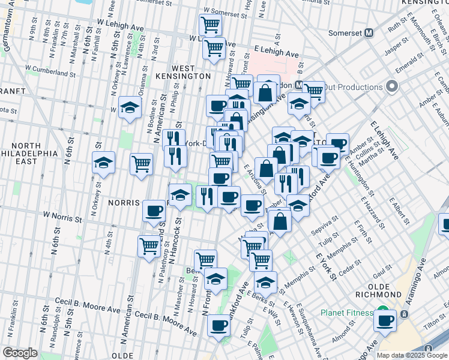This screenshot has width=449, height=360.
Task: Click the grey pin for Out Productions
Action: [392, 87]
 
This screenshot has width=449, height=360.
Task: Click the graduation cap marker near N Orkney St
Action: [103, 163]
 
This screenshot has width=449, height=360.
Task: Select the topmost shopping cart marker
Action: [210, 25]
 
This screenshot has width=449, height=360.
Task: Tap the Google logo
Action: [20, 353]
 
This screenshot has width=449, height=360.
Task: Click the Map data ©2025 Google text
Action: [412, 355]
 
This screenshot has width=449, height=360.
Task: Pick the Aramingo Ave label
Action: [417, 276]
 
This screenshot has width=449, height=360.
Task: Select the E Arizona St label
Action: [255, 179]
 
